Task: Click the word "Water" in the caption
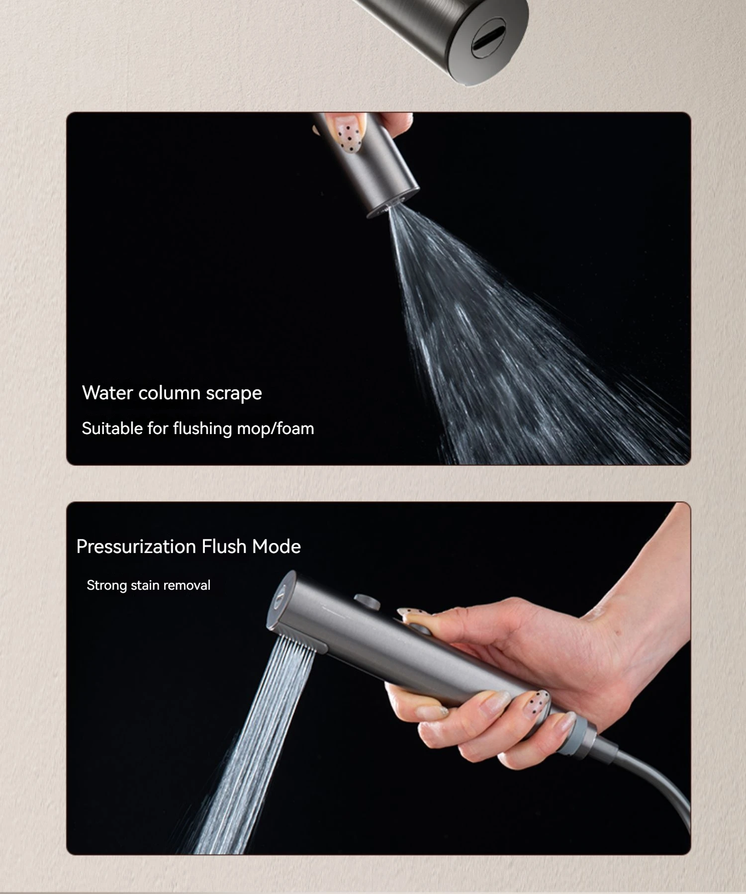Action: pyautogui.click(x=107, y=393)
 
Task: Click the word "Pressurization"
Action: pyautogui.click(x=136, y=546)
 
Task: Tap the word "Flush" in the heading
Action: pyautogui.click(x=224, y=546)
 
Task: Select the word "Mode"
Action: pyautogui.click(x=277, y=546)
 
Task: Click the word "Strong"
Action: pyautogui.click(x=107, y=585)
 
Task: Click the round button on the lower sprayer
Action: pyautogui.click(x=367, y=601)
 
